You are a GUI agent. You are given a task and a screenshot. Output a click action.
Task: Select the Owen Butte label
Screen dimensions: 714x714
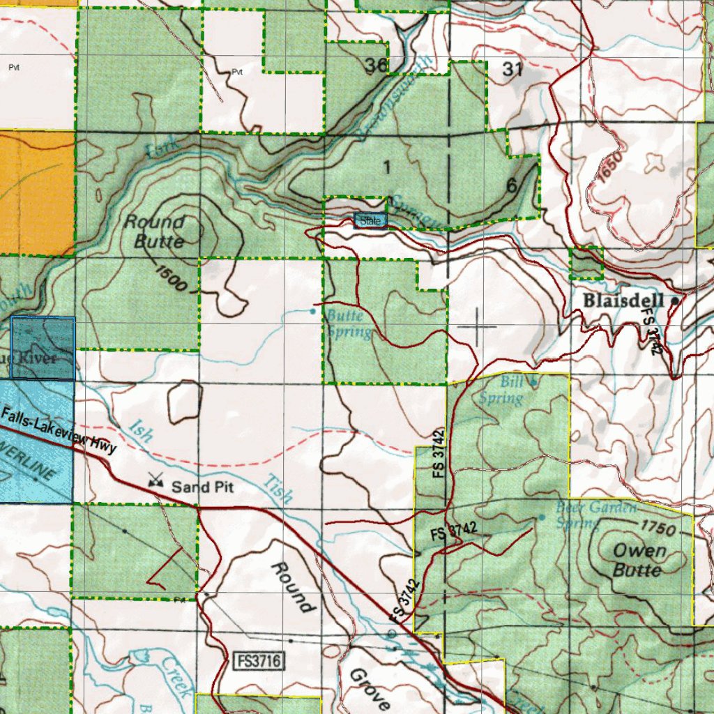point(639,561)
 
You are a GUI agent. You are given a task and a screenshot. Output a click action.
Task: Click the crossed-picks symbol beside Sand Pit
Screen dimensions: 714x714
point(155,480)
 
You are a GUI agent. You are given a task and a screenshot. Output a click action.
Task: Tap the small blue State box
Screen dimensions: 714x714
point(370,221)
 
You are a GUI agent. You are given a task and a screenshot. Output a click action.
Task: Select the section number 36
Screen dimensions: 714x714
point(377,66)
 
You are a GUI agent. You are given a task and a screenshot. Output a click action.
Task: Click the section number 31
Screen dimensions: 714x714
point(512,68)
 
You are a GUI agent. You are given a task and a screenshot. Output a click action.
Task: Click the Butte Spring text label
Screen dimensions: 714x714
point(349,324)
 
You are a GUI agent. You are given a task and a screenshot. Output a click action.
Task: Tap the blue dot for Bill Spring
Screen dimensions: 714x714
point(533,382)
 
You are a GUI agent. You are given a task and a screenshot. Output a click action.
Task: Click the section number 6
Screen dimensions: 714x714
point(512,185)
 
